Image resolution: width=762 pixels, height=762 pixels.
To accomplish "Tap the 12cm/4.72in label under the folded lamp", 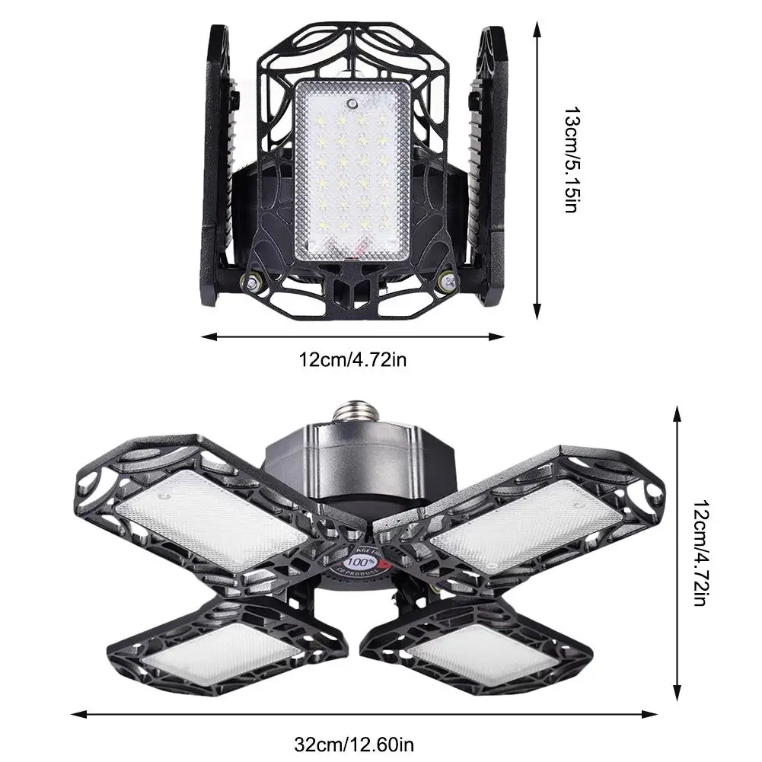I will [352, 359].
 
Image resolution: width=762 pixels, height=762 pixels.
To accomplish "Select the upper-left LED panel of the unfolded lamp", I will [212, 517].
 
